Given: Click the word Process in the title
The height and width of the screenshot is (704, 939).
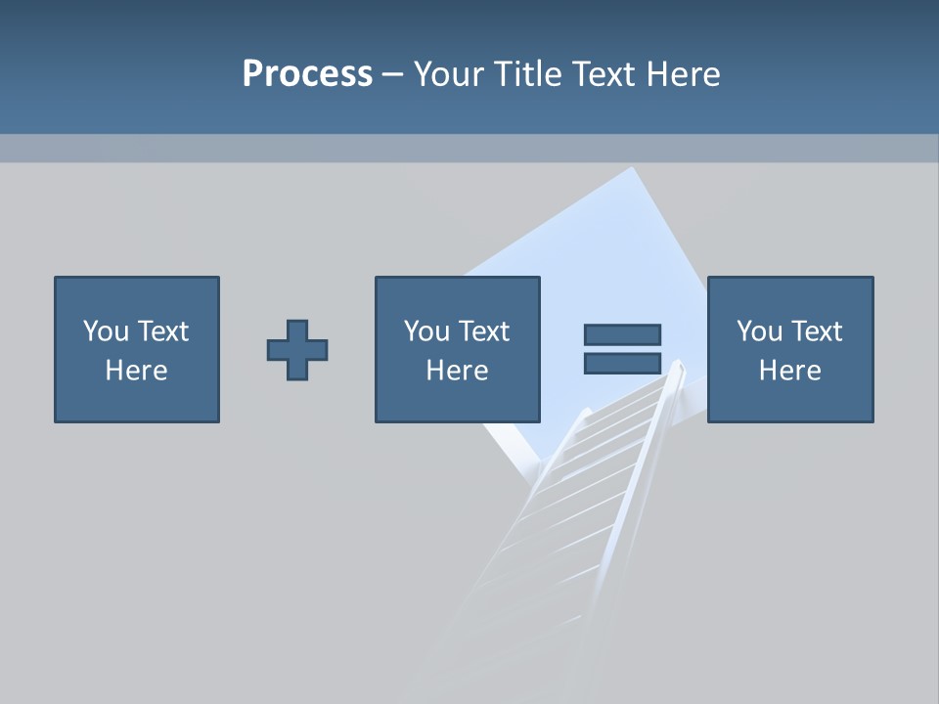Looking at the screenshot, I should click(307, 74).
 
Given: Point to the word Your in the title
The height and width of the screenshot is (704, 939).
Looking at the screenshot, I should click(446, 74).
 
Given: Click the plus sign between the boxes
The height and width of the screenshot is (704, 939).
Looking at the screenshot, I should click(297, 349).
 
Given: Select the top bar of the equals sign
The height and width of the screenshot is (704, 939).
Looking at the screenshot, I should click(622, 334).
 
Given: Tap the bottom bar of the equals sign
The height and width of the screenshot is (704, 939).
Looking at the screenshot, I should click(622, 363).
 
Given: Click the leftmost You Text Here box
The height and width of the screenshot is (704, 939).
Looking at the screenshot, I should click(137, 349).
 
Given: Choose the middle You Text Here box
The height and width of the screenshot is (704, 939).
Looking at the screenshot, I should click(457, 349).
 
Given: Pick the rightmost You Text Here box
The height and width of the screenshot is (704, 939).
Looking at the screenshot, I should click(789, 349).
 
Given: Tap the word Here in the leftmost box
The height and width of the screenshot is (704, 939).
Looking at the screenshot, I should click(137, 371).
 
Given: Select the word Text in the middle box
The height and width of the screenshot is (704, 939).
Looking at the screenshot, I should click(483, 331).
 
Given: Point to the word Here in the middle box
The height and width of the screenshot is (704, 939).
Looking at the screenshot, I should click(457, 371).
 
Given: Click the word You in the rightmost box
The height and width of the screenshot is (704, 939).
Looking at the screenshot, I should click(759, 331).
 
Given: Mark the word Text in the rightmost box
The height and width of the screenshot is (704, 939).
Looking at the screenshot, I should click(816, 331).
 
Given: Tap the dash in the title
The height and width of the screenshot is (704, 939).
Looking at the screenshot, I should click(392, 75).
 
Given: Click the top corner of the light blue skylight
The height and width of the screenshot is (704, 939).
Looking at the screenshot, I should click(634, 168).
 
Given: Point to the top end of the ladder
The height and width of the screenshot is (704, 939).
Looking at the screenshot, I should click(676, 366).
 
